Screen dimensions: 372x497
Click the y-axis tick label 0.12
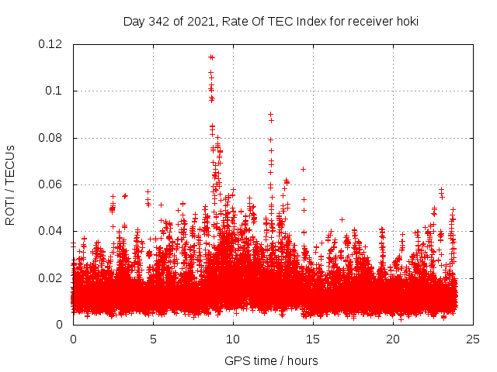coord(50,44)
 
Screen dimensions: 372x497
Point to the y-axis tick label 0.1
coord(55,91)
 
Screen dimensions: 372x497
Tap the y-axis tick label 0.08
coord(50,138)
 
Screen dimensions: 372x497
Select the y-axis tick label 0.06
coord(50,184)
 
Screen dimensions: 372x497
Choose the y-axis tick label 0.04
coord(50,231)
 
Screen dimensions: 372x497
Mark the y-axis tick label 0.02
coord(50,278)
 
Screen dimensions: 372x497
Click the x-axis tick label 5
coord(153,339)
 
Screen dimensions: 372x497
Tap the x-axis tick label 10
coord(233,339)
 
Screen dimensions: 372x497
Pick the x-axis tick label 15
coord(313,339)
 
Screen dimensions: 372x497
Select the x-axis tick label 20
coord(393,339)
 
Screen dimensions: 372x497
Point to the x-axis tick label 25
coord(473,339)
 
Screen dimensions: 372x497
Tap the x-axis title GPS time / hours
coord(271,360)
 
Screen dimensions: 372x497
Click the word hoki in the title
coord(405,22)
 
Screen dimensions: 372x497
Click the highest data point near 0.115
coord(210,57)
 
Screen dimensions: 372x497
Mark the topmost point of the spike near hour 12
coord(270,114)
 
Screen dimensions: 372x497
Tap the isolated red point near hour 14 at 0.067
coord(304,169)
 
